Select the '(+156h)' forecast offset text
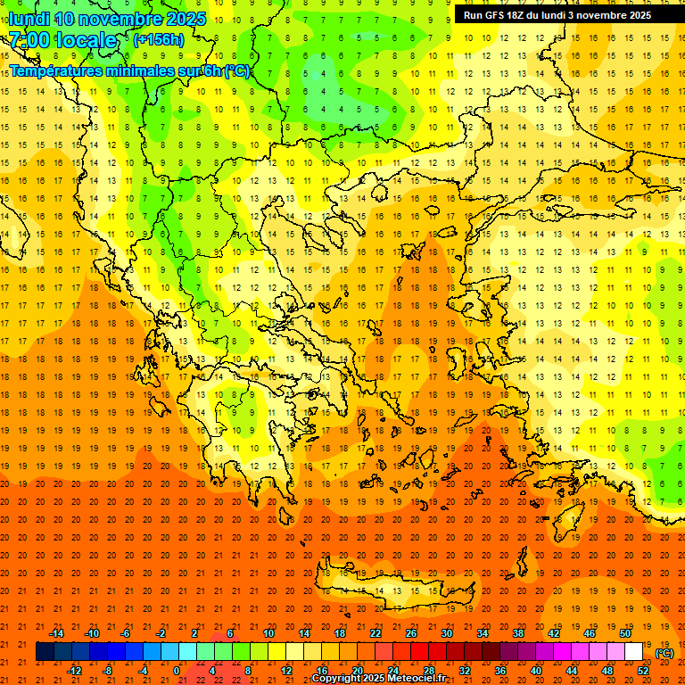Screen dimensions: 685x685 pyautogui.click(x=158, y=40)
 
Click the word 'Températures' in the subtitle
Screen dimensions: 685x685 pyautogui.click(x=55, y=70)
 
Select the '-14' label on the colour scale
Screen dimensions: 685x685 pyautogui.click(x=56, y=633)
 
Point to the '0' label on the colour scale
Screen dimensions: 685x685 pyautogui.click(x=177, y=671)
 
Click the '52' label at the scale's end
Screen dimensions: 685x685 pyautogui.click(x=643, y=671)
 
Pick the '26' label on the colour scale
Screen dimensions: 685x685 pyautogui.click(x=411, y=633)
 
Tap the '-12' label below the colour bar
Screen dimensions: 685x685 pyautogui.click(x=75, y=671)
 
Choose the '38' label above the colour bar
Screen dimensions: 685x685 pyautogui.click(x=518, y=633)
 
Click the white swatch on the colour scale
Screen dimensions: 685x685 pyautogui.click(x=633, y=652)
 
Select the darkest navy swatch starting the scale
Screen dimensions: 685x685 pyautogui.click(x=45, y=652)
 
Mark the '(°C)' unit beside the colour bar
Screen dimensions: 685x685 pyautogui.click(x=664, y=653)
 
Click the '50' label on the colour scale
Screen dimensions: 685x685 pyautogui.click(x=625, y=633)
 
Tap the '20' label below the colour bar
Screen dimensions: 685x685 pyautogui.click(x=357, y=671)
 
